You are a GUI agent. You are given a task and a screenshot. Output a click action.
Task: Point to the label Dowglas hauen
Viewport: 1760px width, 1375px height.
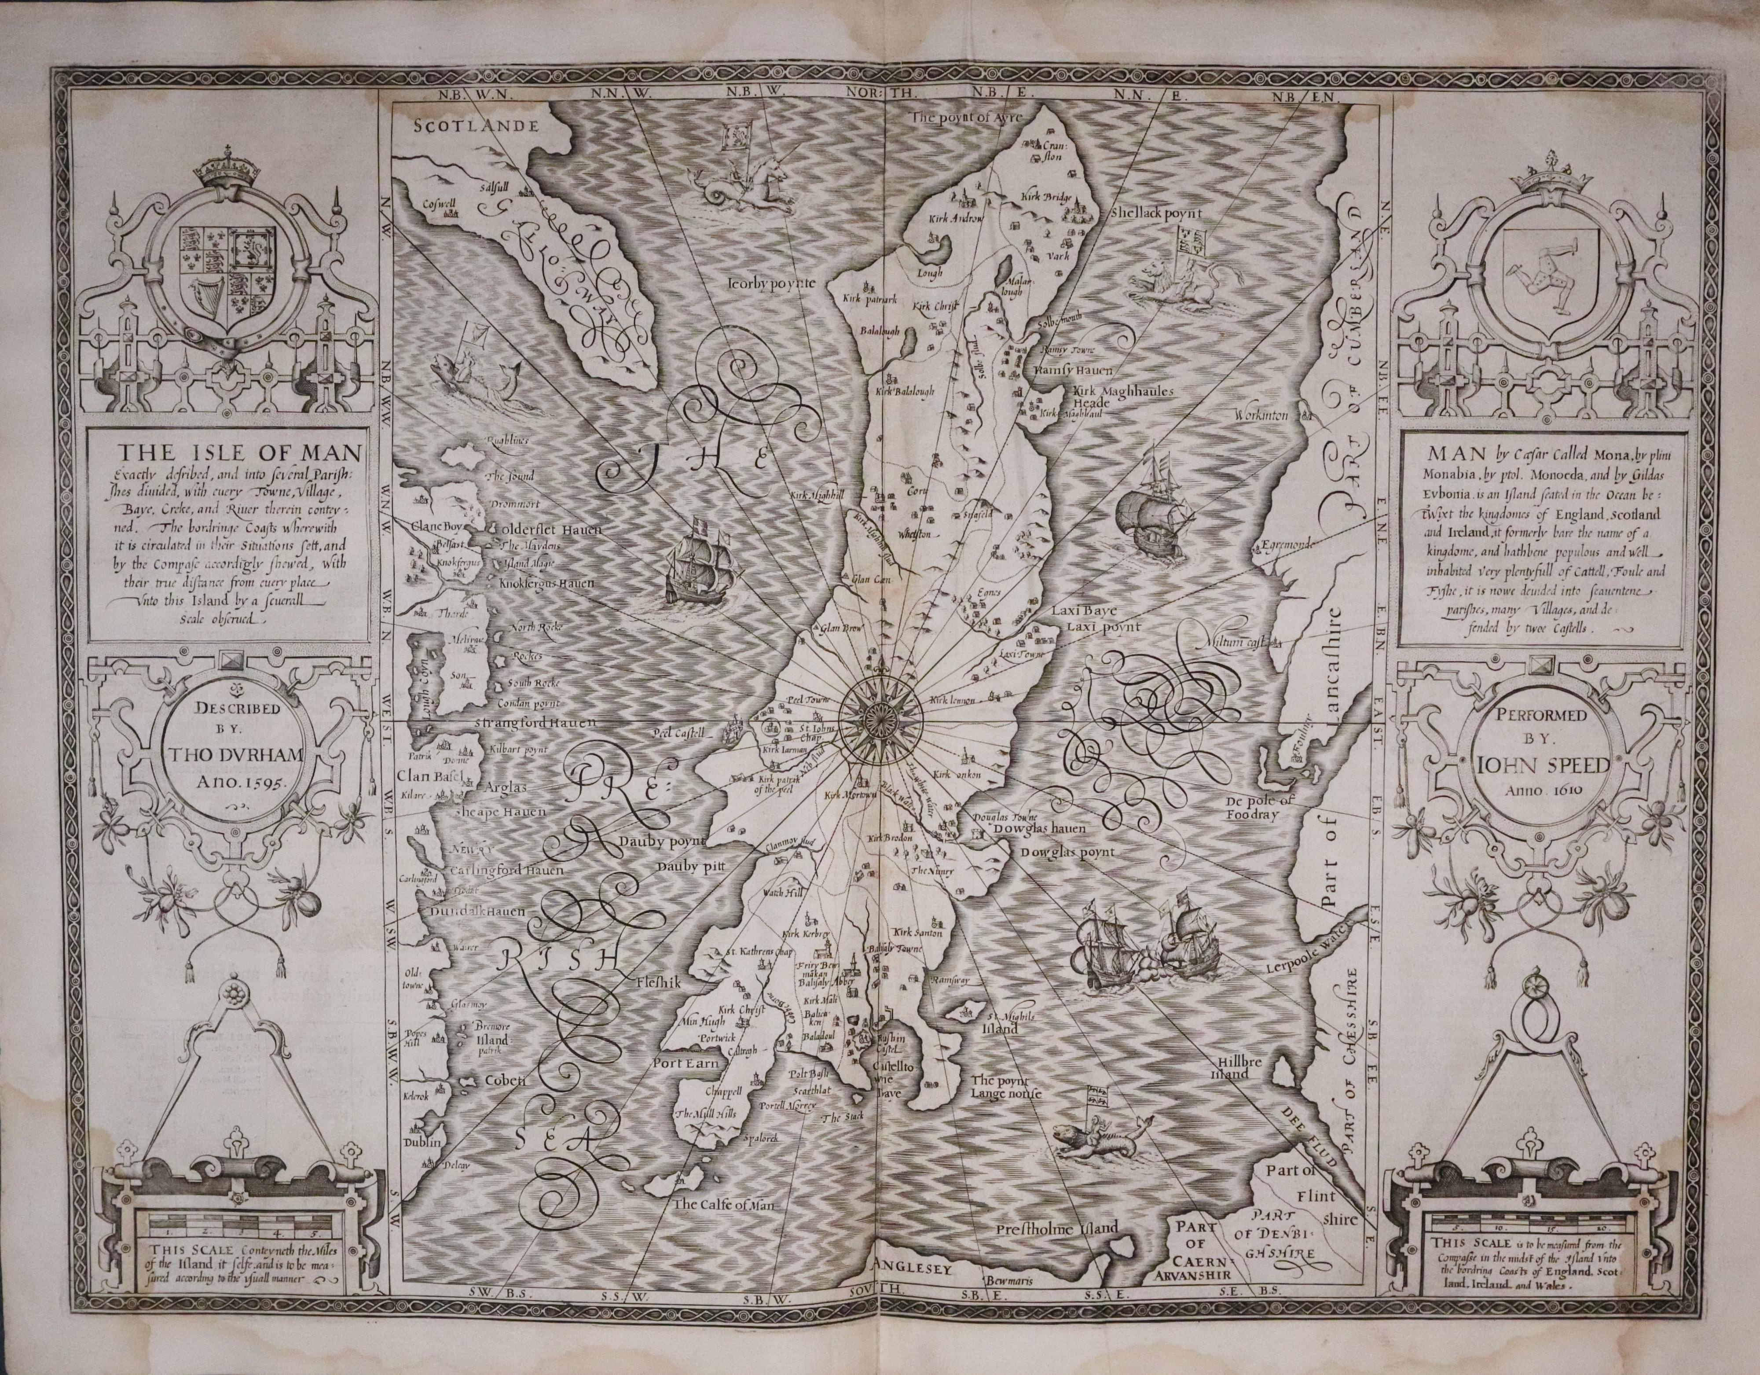(x=1040, y=828)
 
